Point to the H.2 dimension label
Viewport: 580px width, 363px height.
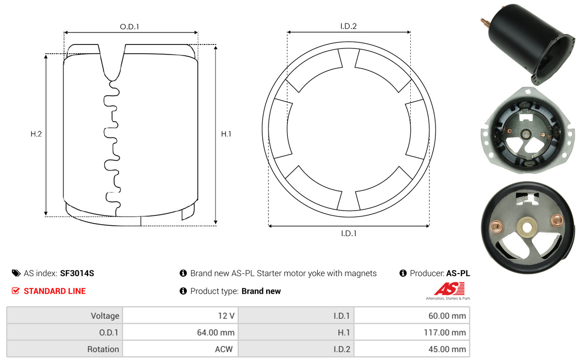point(36,134)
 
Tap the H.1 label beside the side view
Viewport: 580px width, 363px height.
point(226,134)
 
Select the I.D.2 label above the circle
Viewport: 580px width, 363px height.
point(348,26)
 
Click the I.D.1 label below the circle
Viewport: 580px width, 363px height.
point(349,233)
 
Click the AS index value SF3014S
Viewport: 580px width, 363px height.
point(77,273)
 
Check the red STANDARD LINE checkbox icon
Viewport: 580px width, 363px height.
point(16,291)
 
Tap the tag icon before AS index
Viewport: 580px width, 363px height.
point(16,273)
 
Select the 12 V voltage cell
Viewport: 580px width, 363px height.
point(226,316)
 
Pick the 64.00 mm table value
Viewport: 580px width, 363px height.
point(216,333)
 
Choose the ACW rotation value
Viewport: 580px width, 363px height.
point(224,349)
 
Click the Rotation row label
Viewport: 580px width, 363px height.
point(103,349)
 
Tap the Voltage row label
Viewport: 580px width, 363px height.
point(105,316)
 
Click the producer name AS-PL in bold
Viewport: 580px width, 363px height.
point(458,273)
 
